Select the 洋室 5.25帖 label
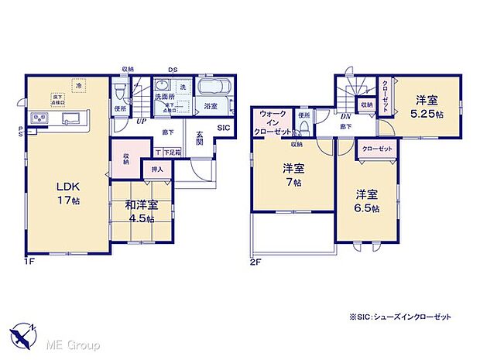pyautogui.click(x=427, y=105)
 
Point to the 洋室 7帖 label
pyautogui.click(x=293, y=175)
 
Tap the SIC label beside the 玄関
pyautogui.click(x=223, y=128)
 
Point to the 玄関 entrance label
pyautogui.click(x=198, y=137)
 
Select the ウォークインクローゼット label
pyautogui.click(x=273, y=123)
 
